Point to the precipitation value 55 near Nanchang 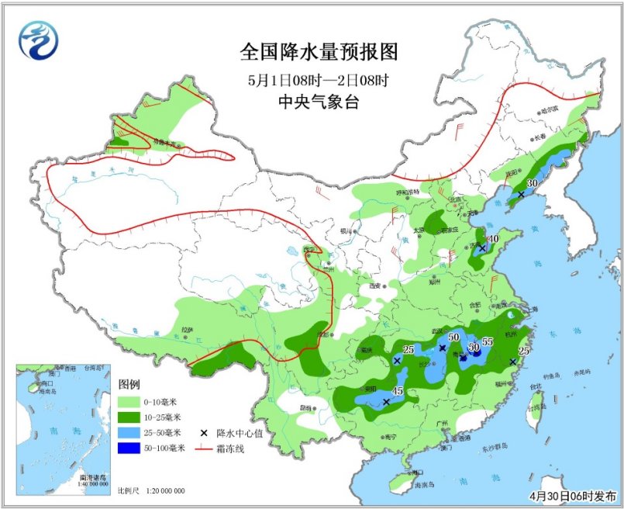pos(488,341)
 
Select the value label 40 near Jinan pos(492,239)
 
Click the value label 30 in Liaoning pos(532,184)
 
